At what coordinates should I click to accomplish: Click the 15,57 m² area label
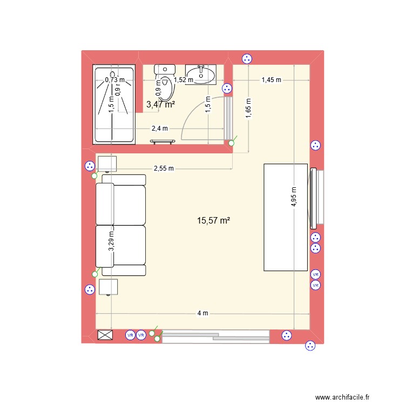tap(214, 220)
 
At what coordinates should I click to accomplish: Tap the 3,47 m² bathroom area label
tap(160, 105)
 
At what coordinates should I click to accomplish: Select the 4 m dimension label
tap(202, 313)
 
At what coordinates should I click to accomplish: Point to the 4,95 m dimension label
tap(294, 197)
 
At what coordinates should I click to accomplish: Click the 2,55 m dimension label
tap(164, 168)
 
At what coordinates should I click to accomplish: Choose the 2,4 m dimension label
tap(160, 129)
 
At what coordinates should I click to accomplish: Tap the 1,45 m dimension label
tap(271, 80)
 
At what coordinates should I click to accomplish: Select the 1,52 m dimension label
tap(183, 80)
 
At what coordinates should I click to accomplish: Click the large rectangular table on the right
tap(285, 217)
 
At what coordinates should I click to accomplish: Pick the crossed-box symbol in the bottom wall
tap(105, 335)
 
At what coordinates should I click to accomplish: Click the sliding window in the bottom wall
tap(215, 336)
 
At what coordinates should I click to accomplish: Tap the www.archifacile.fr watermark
tap(342, 397)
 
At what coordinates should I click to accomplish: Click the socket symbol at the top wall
tap(247, 59)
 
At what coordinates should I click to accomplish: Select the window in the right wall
tap(315, 197)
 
